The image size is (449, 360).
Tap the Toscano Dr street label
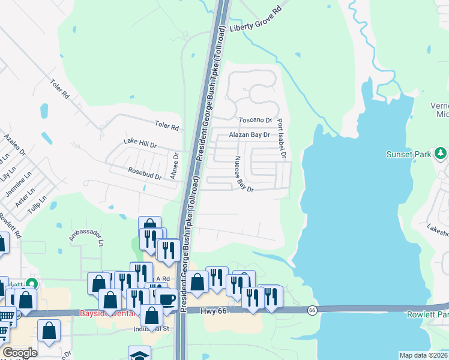(x=256, y=120)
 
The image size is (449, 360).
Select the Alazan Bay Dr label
(x=249, y=135)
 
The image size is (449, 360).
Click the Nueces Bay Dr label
(x=244, y=173)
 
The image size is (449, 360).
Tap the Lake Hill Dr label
(x=140, y=143)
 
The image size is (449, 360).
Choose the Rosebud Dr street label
(x=145, y=174)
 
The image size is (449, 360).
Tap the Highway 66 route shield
(x=312, y=310)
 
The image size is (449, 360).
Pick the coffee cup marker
(x=166, y=298)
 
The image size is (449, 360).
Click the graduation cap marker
(x=139, y=355)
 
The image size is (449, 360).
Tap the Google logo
(x=20, y=353)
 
